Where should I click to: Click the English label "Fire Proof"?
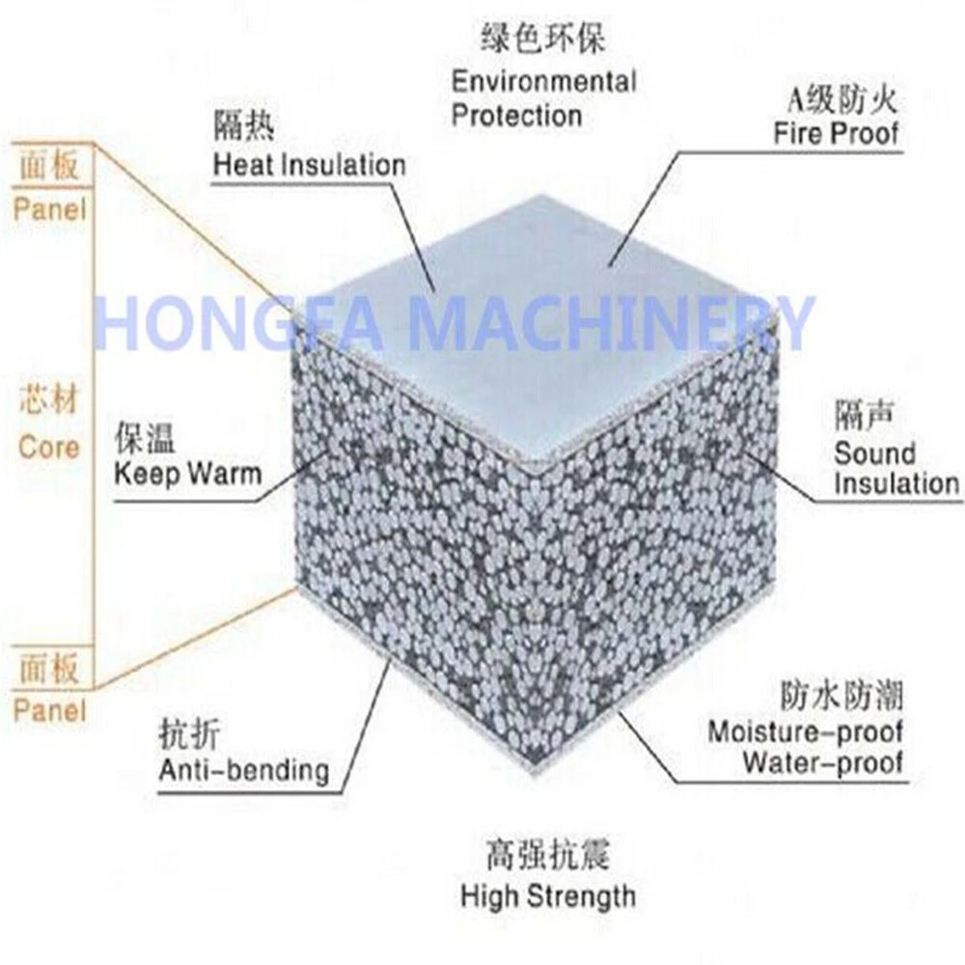pos(836,132)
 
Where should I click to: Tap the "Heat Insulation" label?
pos(309,164)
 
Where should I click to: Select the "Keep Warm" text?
pos(187,474)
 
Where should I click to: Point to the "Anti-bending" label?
pos(244,770)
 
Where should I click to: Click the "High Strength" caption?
pos(548,896)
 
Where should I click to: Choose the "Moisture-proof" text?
pos(806,731)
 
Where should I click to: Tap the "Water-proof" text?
pos(822,762)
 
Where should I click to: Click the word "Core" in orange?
pos(48,448)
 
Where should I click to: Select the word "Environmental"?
pos(544,81)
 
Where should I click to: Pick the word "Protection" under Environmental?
pos(517,116)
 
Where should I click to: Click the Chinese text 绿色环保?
pos(545,41)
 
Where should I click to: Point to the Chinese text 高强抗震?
pos(548,855)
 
